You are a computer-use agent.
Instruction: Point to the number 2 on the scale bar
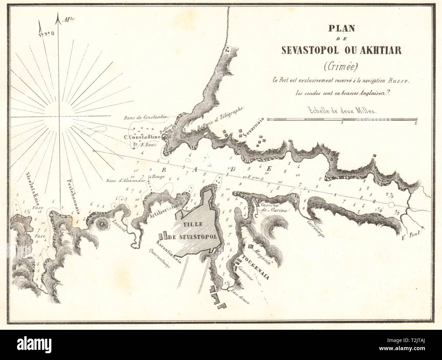(x=416, y=124)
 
